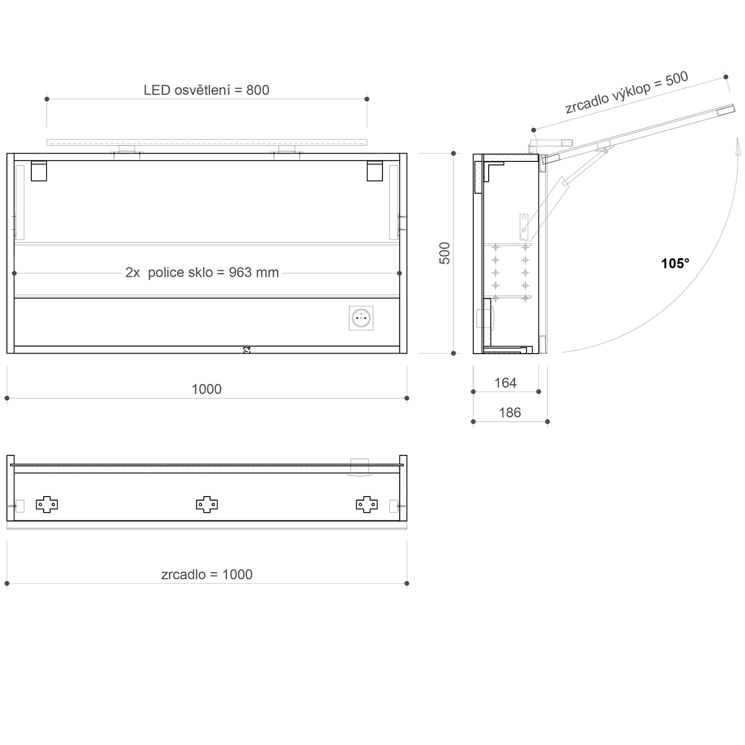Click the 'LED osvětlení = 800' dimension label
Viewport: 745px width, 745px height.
206,90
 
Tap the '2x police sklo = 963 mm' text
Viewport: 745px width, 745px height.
202,273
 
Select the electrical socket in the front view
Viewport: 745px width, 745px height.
361,318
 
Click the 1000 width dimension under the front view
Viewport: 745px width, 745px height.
207,389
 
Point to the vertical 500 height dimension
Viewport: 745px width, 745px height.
445,253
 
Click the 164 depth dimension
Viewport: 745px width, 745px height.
505,383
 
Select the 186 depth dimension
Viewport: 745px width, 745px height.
510,413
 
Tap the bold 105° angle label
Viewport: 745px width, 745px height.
675,264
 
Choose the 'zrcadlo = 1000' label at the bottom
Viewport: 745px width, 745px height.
207,574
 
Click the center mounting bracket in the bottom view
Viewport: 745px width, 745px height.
207,504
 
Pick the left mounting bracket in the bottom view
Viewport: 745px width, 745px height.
47,504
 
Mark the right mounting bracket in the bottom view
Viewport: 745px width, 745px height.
367,504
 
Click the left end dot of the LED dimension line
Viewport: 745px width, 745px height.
47,99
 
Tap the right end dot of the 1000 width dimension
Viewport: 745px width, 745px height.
407,398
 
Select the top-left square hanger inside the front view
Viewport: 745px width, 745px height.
39,171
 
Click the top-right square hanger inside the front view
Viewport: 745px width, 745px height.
375,171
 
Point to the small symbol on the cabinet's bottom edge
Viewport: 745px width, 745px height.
247,350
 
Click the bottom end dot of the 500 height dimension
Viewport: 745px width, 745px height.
453,353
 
